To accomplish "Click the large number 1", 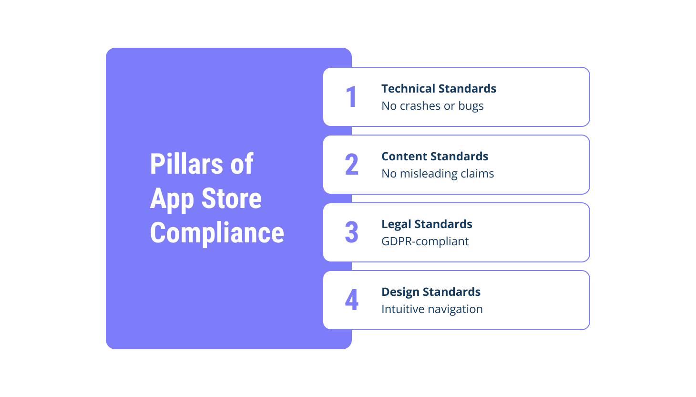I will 351,97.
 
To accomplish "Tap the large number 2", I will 352,165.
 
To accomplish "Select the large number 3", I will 352,232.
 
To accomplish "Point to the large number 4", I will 352,300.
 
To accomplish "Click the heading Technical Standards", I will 439,89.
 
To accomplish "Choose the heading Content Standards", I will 435,157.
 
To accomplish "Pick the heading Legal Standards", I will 427,224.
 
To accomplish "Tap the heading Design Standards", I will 431,292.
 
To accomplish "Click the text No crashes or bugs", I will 432,106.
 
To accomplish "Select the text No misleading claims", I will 438,174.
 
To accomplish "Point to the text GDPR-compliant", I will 425,241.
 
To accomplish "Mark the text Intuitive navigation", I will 432,309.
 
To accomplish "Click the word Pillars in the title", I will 186,164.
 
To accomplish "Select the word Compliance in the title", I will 217,233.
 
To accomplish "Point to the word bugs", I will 471,106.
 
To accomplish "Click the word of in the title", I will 242,164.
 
